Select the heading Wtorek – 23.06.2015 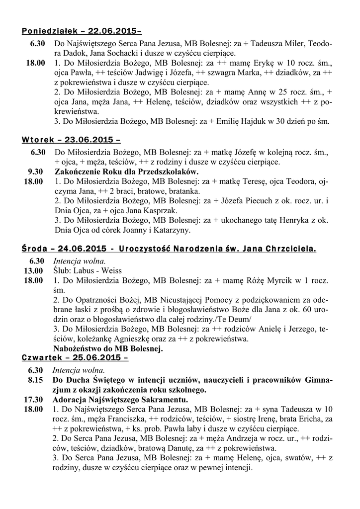(71, 139)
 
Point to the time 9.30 (37, 171)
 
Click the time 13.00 (34, 270)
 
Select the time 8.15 (37, 380)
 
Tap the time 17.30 (34, 400)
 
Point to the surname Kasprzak (160, 211)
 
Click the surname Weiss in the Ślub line (112, 270)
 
